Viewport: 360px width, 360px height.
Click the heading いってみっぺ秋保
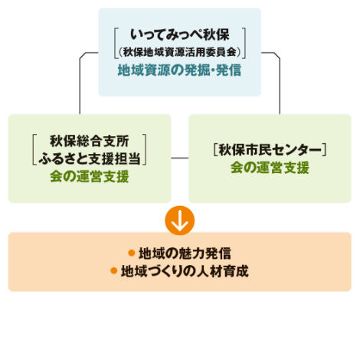pyautogui.click(x=180, y=34)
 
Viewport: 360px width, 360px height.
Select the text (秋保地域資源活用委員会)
pyautogui.click(x=180, y=52)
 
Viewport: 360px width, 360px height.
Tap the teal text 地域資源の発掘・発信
pyautogui.click(x=179, y=70)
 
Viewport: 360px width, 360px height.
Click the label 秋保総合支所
pyautogui.click(x=90, y=141)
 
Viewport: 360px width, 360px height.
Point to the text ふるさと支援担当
pyautogui.click(x=90, y=159)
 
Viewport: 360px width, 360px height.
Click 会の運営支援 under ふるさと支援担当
pyautogui.click(x=90, y=176)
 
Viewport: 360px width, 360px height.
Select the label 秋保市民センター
pyautogui.click(x=270, y=150)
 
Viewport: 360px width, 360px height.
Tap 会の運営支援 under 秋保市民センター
pyautogui.click(x=270, y=168)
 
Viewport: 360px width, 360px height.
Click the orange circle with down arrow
pyautogui.click(x=180, y=221)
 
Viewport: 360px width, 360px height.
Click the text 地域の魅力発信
pyautogui.click(x=185, y=254)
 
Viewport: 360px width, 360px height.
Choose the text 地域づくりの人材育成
pyautogui.click(x=185, y=271)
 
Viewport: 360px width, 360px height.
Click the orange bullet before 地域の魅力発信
pyautogui.click(x=132, y=253)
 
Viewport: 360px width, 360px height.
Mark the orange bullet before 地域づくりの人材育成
pyautogui.click(x=114, y=270)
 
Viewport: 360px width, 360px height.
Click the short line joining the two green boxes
pyautogui.click(x=180, y=158)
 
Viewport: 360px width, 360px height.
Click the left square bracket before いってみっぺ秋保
pyautogui.click(x=115, y=44)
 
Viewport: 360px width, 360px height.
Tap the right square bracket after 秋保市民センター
pyautogui.click(x=325, y=150)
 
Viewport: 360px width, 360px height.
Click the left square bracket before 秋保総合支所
pyautogui.click(x=34, y=149)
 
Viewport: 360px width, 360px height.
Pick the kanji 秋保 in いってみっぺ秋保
pyautogui.click(x=217, y=34)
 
